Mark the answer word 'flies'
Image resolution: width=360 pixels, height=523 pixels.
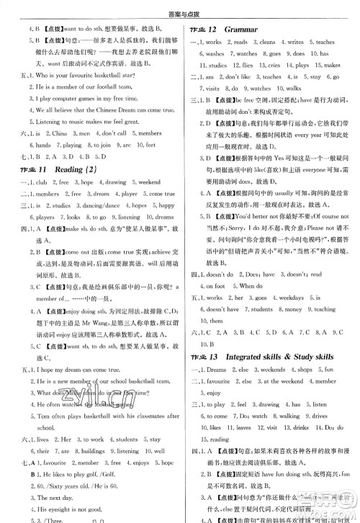tap(246, 85)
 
